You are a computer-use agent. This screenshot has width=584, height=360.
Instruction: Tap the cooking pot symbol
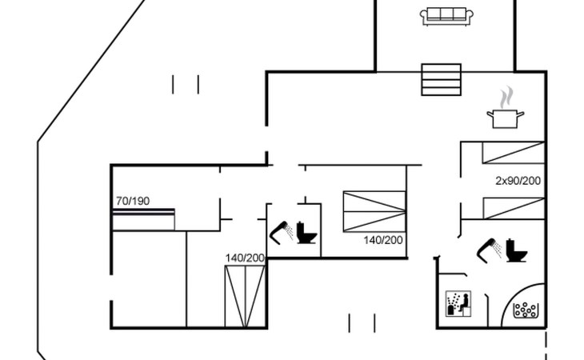pyautogui.click(x=505, y=118)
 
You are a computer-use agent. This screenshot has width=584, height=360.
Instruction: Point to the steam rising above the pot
pyautogui.click(x=505, y=98)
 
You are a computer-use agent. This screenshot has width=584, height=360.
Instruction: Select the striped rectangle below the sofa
pyautogui.click(x=442, y=79)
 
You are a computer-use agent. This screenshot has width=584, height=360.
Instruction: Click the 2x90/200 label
pyautogui.click(x=518, y=181)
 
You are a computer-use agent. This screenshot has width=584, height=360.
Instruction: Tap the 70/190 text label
pyautogui.click(x=133, y=201)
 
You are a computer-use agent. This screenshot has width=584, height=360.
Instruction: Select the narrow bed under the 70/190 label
pyautogui.click(x=143, y=220)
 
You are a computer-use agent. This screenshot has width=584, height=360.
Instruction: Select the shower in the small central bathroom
pyautogui.click(x=281, y=231)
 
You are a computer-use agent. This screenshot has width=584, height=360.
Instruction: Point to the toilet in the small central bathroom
pyautogui.click(x=306, y=233)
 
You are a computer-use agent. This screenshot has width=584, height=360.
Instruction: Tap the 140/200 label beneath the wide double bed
pyautogui.click(x=382, y=240)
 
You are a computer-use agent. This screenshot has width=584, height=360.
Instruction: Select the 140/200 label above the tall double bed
pyautogui.click(x=245, y=258)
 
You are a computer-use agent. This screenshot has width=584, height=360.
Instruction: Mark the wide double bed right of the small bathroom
pyautogui.click(x=374, y=211)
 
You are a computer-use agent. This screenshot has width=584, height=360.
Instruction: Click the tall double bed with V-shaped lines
pyautogui.click(x=245, y=296)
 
